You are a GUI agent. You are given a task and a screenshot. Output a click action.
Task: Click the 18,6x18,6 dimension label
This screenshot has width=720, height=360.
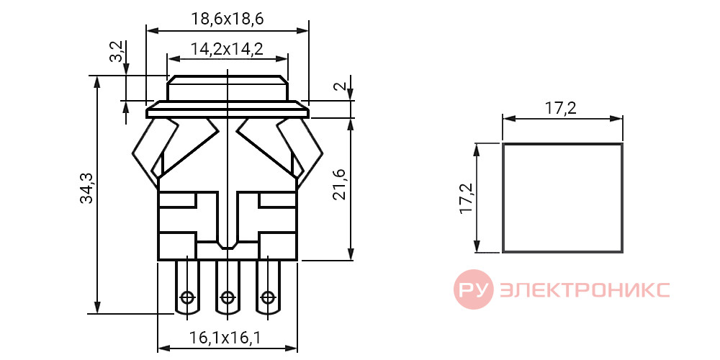pyautogui.click(x=228, y=19)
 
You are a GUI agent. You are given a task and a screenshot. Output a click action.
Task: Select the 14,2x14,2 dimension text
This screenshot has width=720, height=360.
pyautogui.click(x=227, y=49)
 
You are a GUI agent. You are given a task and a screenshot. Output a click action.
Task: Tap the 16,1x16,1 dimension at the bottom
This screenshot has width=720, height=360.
pyautogui.click(x=225, y=338)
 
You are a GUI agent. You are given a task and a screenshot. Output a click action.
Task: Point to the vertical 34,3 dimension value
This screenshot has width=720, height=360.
pyautogui.click(x=86, y=188)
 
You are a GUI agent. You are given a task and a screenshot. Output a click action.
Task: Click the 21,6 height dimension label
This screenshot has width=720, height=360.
pyautogui.click(x=338, y=184)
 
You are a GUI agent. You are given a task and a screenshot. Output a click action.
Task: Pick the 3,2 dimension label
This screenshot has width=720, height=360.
pyautogui.click(x=117, y=51)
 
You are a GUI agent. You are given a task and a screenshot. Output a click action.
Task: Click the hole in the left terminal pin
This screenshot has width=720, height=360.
pyautogui.click(x=187, y=297)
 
